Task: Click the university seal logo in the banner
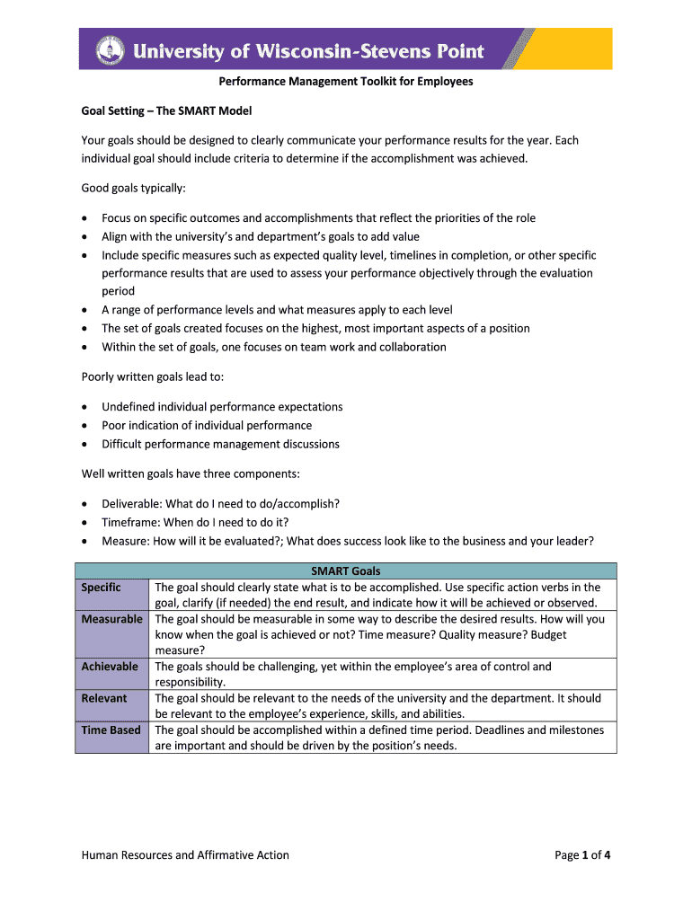pos(110,49)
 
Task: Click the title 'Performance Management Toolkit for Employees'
pos(346,82)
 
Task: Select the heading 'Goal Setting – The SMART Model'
pos(166,111)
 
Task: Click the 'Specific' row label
pos(101,588)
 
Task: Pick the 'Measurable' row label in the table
pos(111,619)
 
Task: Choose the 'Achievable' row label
pos(110,667)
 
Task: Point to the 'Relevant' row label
pos(104,698)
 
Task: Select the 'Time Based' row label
pos(111,730)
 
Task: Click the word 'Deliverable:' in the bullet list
pos(132,504)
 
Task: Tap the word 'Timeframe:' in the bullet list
pos(131,522)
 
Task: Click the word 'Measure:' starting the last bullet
pos(125,541)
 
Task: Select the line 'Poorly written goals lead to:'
pos(153,377)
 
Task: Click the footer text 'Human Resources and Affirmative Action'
pos(185,855)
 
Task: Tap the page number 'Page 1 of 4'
pos(582,855)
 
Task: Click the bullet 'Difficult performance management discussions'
pos(220,444)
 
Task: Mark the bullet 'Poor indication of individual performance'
pos(207,426)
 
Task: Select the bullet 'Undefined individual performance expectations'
pos(222,407)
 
